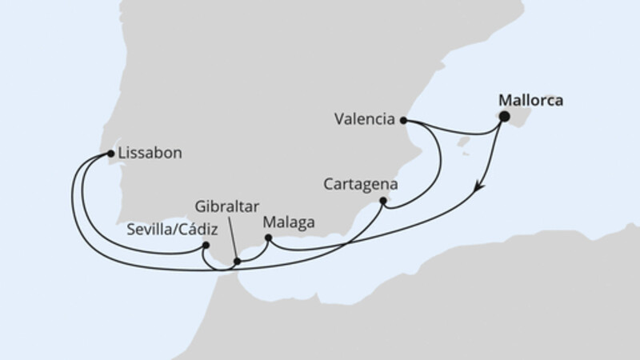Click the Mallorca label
(530, 101)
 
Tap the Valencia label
(365, 121)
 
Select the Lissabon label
(149, 151)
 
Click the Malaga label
(290, 222)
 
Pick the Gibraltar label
(227, 206)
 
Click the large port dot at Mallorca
(505, 117)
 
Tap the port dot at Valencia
(403, 121)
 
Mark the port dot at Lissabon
(110, 151)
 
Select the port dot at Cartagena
(384, 201)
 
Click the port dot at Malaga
(269, 238)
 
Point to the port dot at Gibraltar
(237, 262)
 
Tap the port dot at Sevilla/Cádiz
(206, 246)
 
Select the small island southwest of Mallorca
(462, 144)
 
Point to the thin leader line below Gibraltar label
(232, 237)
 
